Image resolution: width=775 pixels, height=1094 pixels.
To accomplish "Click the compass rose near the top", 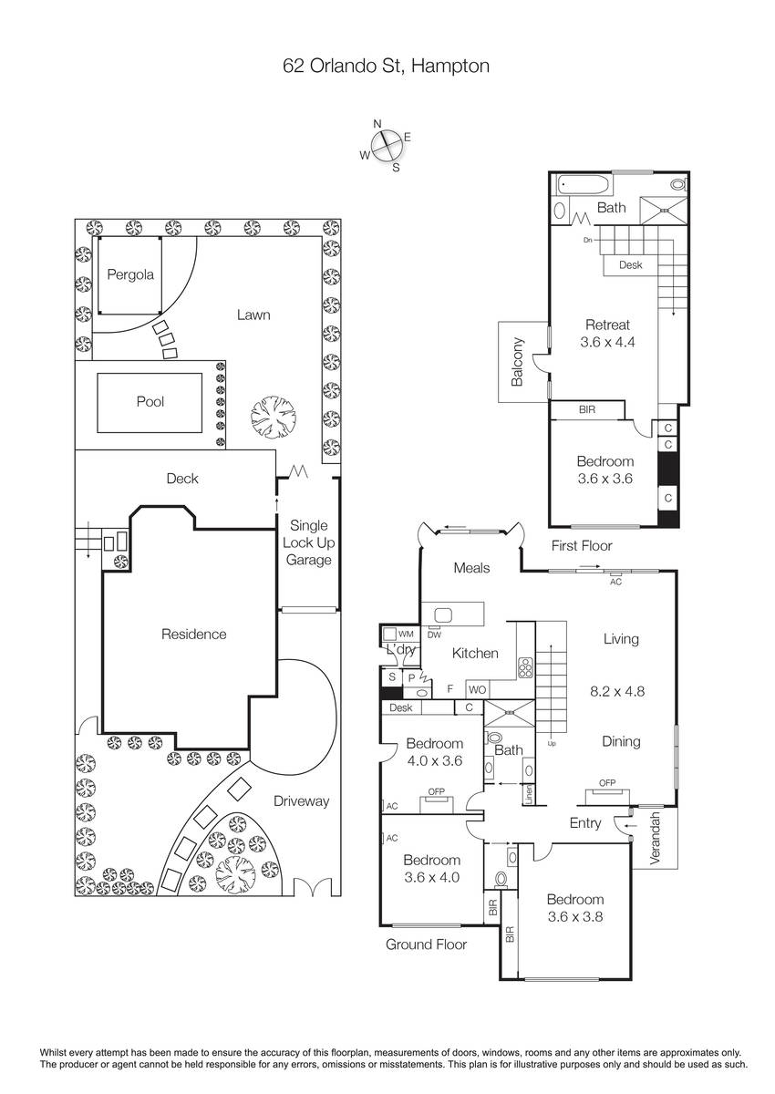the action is pos(387,145).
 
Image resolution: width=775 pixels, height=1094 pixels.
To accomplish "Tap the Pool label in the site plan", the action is pos(150,401).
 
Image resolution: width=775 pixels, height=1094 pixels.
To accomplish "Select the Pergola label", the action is pos(130,274).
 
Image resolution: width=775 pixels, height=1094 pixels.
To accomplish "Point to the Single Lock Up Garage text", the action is pos(309,542).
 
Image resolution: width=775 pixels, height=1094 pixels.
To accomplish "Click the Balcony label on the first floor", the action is pos(517,362).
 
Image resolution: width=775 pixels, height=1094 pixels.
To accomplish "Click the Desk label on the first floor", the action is pos(630,264).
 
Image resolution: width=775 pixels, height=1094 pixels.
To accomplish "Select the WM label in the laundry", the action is pos(406,634).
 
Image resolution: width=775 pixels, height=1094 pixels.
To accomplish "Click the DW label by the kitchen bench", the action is pos(434,635).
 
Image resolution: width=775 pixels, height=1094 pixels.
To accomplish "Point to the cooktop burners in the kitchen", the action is pos(526,667).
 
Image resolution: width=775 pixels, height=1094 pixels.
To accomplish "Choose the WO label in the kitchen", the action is pos(477,689).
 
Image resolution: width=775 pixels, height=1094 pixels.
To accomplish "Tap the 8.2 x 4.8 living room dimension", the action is pos(617,691).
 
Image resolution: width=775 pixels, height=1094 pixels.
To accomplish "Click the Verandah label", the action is pos(656,838).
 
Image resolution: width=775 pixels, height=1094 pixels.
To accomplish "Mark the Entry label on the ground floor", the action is pos(585,823).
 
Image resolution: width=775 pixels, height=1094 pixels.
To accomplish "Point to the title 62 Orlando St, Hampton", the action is pos(387,66).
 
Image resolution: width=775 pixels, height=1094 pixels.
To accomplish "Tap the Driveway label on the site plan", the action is pos(301,801).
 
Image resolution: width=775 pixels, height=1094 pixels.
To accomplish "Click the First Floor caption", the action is pos(582,545).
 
